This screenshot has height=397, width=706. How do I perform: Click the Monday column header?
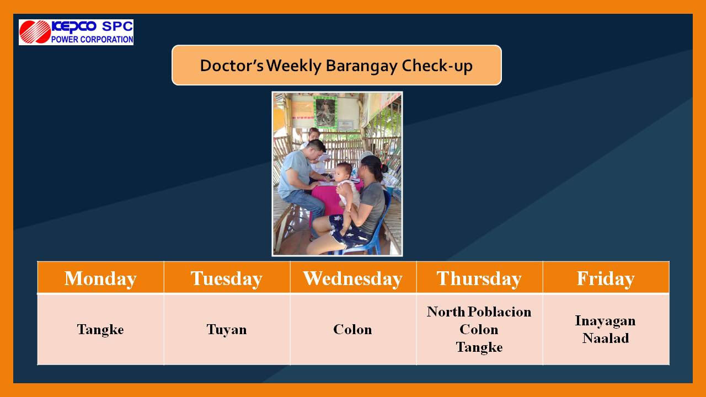(100, 279)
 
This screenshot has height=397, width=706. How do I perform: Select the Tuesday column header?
(227, 279)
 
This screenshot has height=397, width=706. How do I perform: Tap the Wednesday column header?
(352, 279)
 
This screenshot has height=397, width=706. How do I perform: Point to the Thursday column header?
(479, 279)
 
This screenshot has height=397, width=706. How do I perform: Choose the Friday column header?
(606, 279)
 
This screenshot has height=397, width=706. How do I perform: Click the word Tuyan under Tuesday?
(227, 330)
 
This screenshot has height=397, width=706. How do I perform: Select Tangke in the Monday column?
(100, 330)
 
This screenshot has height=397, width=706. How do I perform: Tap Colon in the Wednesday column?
(352, 330)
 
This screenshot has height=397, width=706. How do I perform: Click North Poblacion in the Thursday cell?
(479, 312)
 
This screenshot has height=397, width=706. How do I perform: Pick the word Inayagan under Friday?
(606, 321)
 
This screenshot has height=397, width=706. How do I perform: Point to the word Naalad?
(606, 339)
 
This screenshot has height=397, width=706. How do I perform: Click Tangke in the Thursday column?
(479, 347)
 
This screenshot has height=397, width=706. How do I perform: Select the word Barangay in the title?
(361, 67)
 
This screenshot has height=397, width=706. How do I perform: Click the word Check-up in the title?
(437, 66)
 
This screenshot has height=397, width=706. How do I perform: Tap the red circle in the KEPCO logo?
(35, 32)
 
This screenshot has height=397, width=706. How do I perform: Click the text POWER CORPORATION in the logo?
(92, 39)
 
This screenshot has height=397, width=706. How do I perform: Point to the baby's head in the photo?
(343, 171)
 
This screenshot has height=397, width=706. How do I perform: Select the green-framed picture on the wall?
(325, 112)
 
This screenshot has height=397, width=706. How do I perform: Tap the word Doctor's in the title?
(232, 66)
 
